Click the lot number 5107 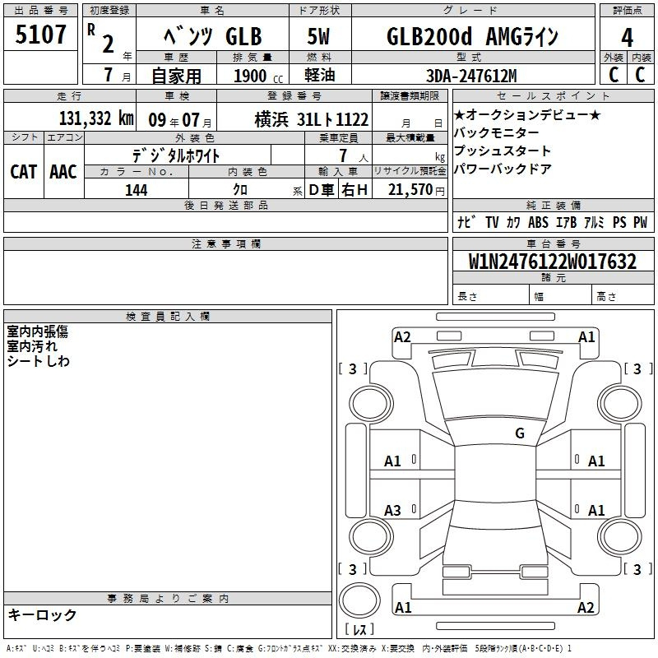[40, 35]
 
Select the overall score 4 [627, 38]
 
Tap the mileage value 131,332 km [96, 118]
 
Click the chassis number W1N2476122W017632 [552, 262]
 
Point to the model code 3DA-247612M [471, 76]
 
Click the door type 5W [318, 36]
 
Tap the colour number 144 [136, 190]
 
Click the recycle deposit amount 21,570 [410, 190]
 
